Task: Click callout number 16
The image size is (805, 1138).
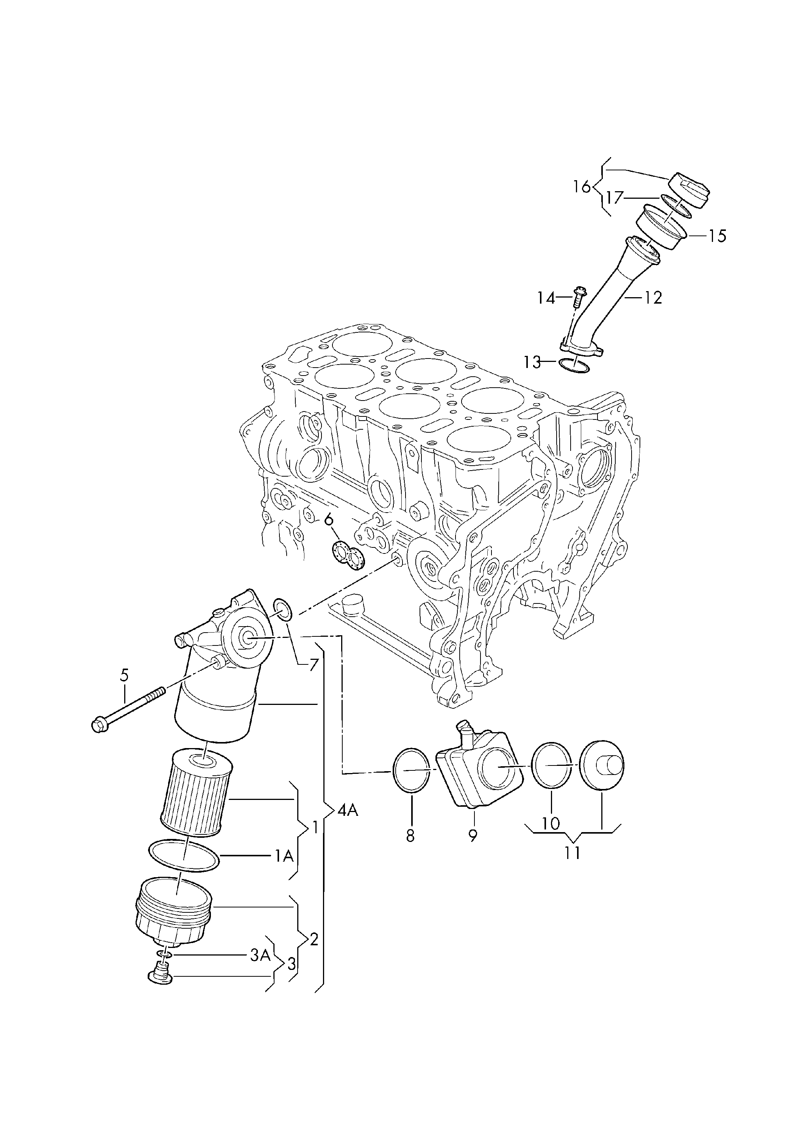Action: pyautogui.click(x=582, y=187)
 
